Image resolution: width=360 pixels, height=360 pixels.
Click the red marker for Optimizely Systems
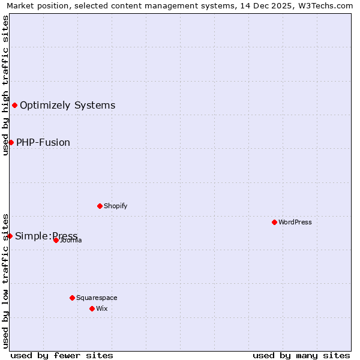14,106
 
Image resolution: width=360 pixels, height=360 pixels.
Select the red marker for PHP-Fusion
11,142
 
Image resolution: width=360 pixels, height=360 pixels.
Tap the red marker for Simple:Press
10,236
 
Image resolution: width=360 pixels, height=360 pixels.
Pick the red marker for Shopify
100,206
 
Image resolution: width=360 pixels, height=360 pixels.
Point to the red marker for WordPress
274,222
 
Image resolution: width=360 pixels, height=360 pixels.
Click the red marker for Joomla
56,240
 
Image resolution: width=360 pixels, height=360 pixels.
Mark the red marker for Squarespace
72,298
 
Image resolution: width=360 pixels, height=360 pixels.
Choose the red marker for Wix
92,308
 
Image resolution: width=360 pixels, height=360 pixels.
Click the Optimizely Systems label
67,106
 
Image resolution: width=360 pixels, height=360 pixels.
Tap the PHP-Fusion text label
43,142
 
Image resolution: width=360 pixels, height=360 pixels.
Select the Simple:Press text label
46,236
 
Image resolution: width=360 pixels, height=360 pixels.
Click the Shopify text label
116,206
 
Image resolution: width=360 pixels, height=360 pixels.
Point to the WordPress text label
295,222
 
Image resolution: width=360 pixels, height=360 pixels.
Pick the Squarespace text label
97,298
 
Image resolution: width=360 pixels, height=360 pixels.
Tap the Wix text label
102,308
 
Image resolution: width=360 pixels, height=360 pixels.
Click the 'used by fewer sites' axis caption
62,355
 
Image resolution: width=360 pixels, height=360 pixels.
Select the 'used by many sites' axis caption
301,355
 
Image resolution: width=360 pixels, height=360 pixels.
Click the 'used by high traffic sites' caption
5,85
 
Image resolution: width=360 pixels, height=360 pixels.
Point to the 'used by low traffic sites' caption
5,280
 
